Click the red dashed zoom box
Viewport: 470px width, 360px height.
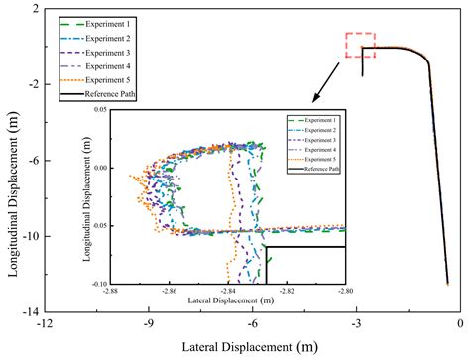point(360,46)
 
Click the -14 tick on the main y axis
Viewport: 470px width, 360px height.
point(29,311)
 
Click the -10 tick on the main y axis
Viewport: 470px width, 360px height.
point(29,236)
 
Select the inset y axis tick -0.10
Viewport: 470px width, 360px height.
point(98,284)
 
